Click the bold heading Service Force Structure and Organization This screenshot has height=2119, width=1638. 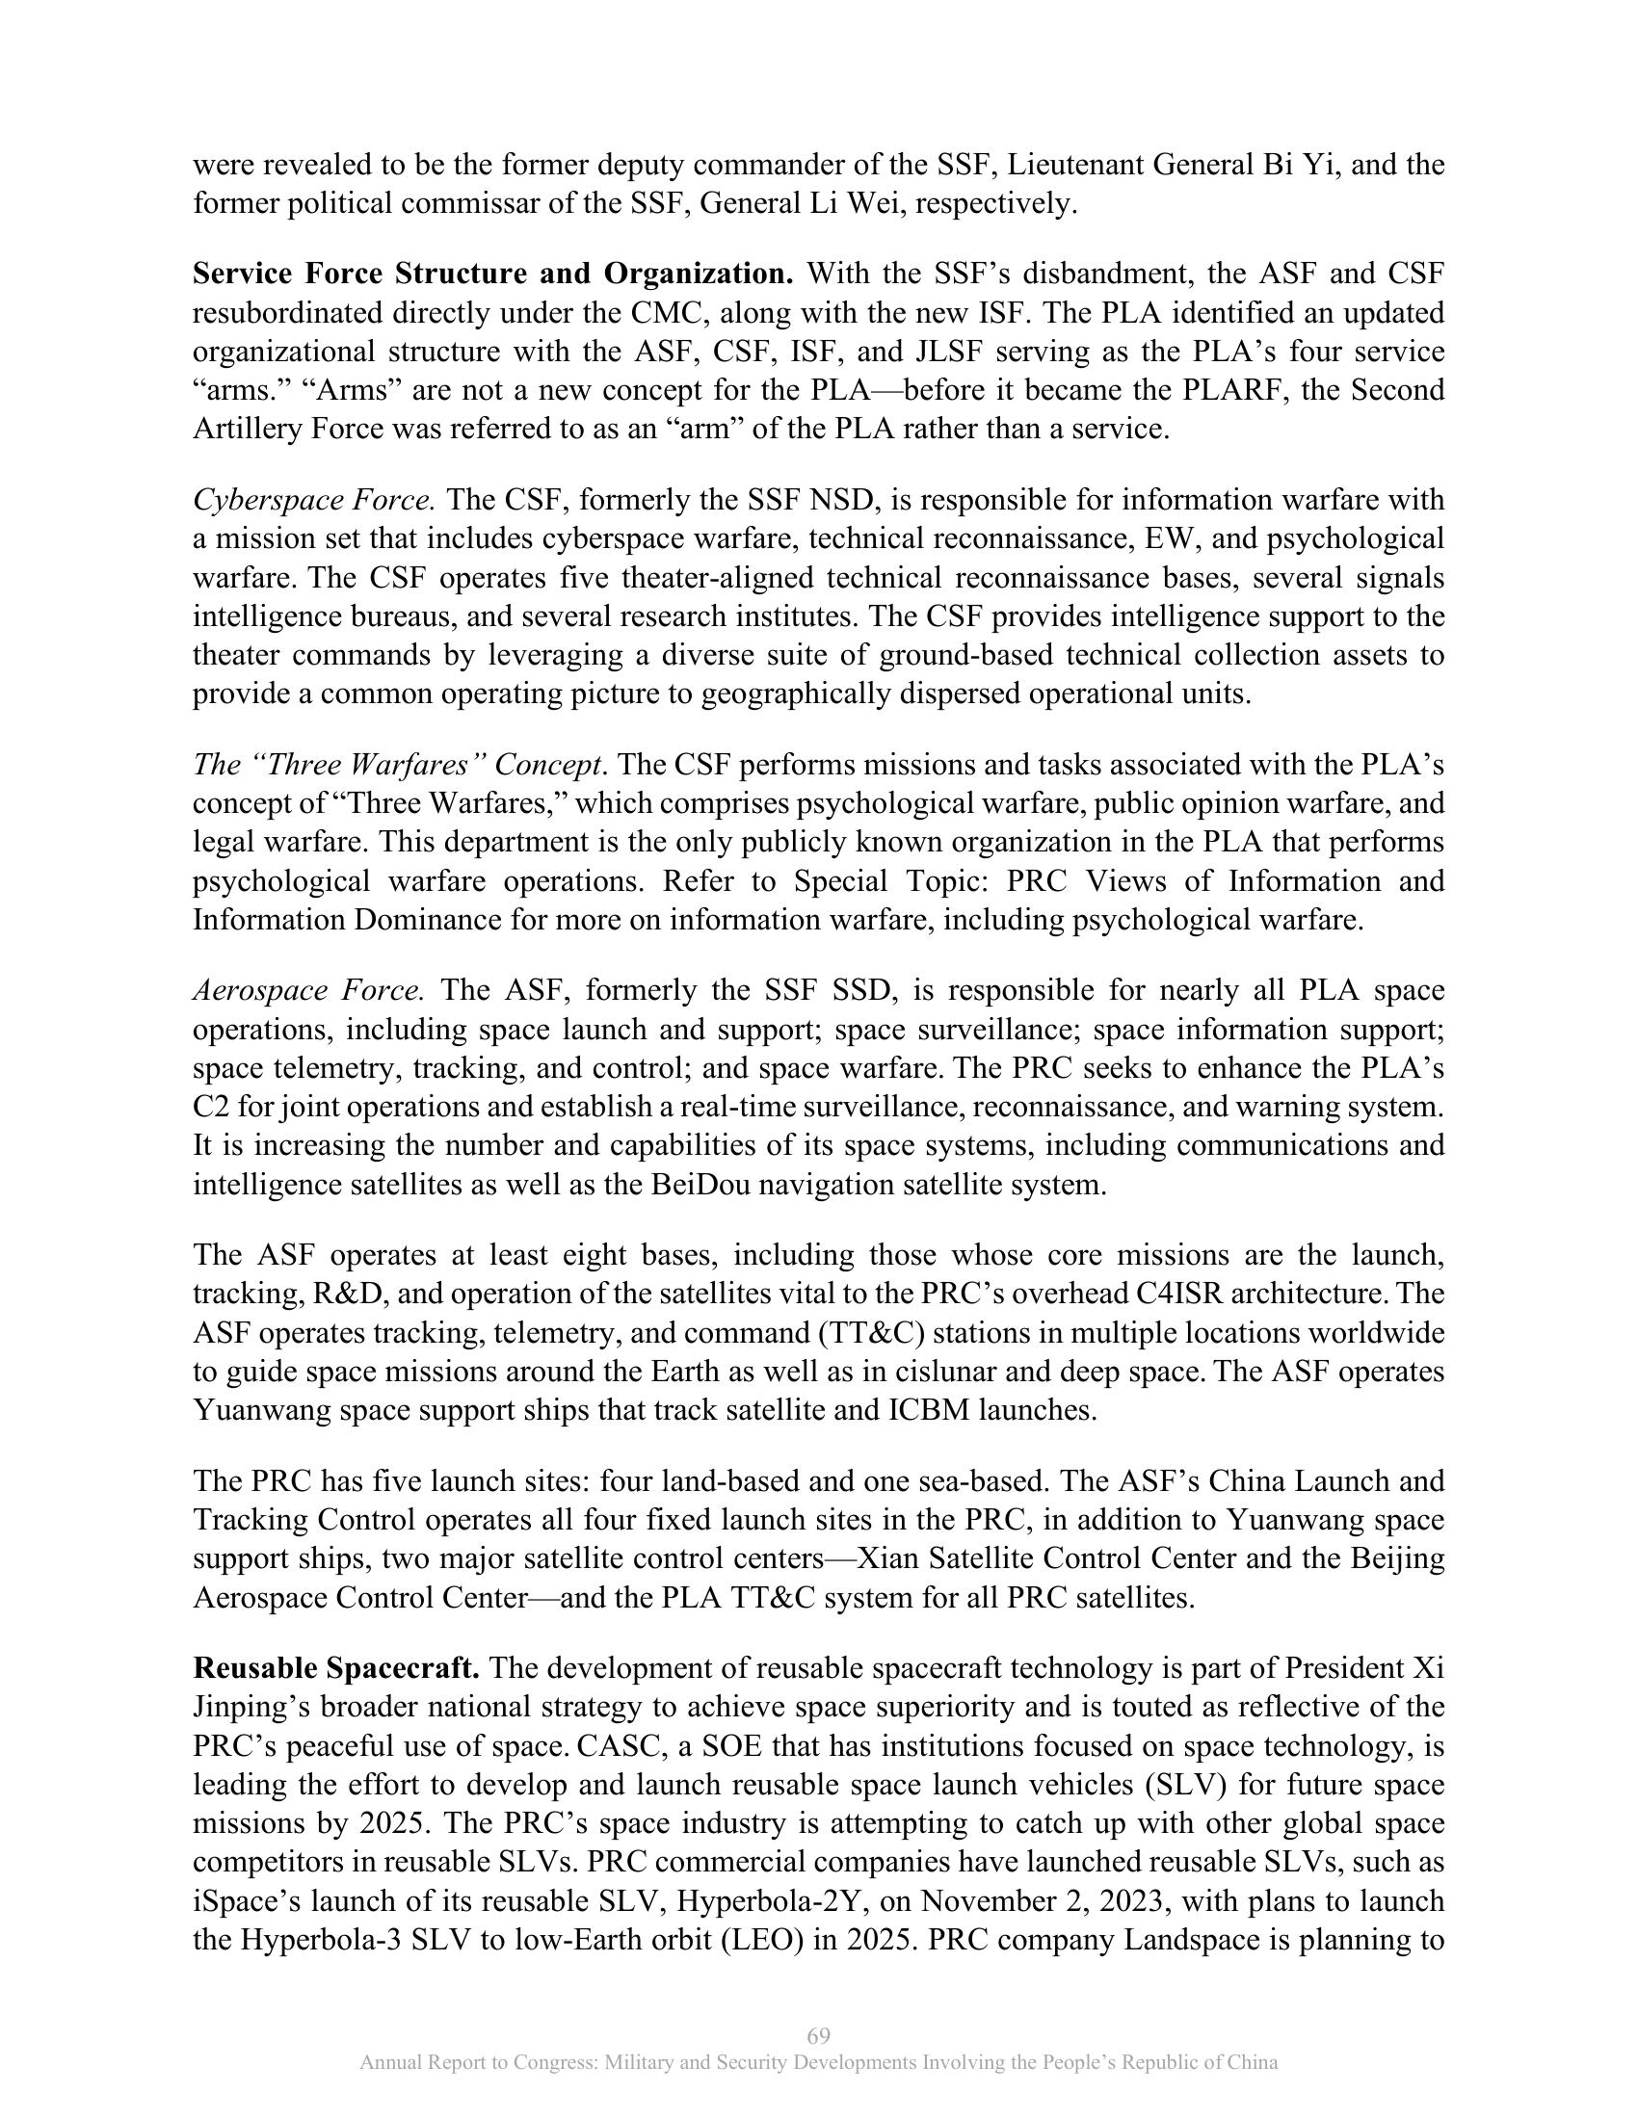(493, 275)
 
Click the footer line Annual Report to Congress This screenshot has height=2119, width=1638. (818, 2063)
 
